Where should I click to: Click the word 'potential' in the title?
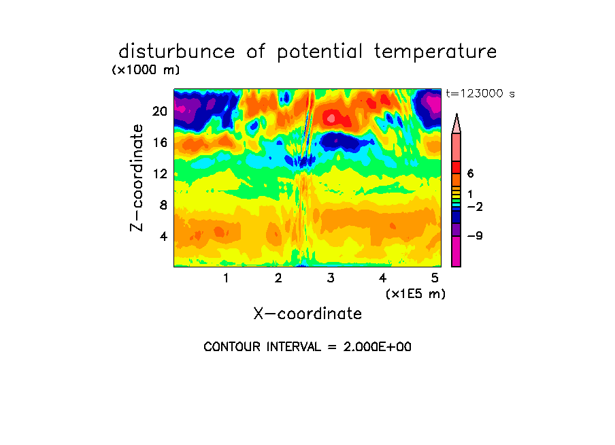319,52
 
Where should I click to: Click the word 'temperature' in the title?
435,52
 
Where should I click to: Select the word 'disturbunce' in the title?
177,52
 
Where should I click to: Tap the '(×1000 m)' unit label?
146,70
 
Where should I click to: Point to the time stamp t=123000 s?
480,93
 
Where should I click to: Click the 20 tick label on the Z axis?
160,112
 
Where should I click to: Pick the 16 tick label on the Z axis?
160,142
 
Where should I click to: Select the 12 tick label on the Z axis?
160,174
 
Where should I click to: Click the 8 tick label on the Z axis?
163,205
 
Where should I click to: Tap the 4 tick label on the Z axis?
163,236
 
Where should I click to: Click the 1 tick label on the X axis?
226,278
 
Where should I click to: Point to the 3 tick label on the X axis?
331,278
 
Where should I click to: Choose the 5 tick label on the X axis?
435,278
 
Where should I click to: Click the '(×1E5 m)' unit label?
416,293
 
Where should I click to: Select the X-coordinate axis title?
307,314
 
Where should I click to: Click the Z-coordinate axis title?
137,178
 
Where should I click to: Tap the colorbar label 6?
470,174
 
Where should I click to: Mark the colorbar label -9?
475,236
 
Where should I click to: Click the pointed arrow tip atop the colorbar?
456,114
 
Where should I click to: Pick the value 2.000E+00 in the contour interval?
378,347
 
